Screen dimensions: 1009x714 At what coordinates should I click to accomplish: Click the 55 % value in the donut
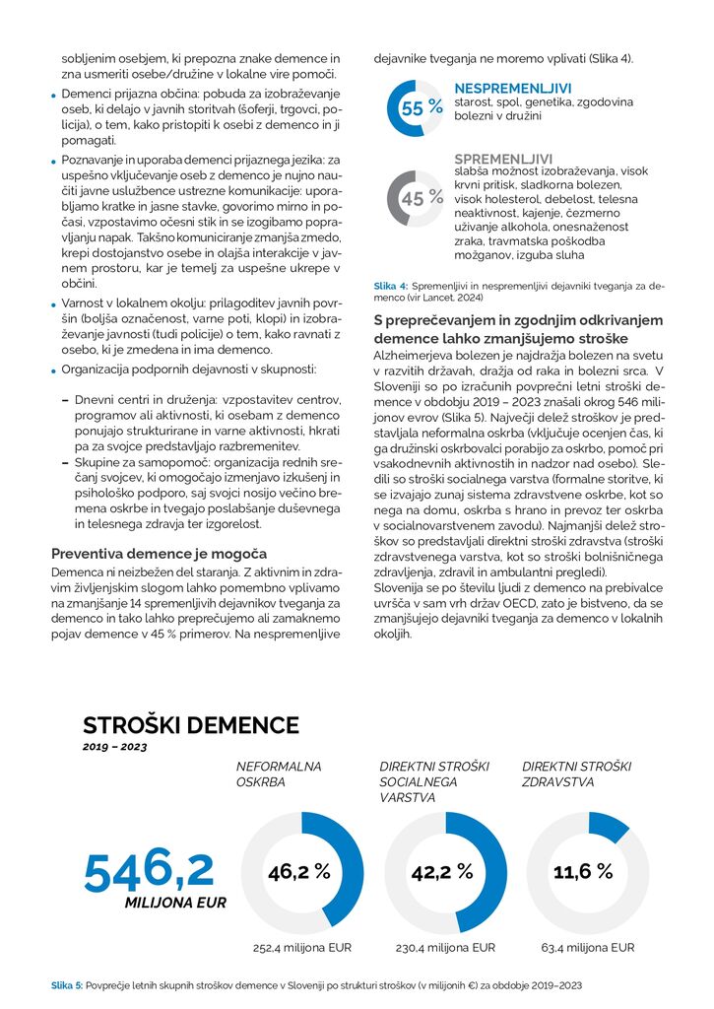coord(421,108)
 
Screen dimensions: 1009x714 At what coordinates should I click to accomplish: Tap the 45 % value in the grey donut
coord(421,198)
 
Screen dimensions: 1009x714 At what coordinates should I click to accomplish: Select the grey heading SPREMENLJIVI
coord(503,159)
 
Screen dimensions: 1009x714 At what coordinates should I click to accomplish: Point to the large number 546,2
coord(149,870)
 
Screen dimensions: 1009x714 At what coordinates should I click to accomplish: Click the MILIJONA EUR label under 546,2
coord(175,902)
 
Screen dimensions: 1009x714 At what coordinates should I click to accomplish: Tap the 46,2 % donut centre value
coord(298,872)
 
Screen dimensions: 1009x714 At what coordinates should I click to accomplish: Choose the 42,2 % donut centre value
coord(442,872)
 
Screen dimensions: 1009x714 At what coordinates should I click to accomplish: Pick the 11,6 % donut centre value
coord(583,872)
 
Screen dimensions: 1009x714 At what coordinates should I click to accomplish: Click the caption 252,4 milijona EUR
coord(302,948)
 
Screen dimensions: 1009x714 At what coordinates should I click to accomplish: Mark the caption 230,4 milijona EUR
coord(445,948)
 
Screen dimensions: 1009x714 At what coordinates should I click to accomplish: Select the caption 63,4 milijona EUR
coord(588,948)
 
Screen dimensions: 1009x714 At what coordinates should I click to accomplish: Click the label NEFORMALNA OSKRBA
coord(279,774)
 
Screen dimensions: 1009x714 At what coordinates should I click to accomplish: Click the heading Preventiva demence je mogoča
coord(159,554)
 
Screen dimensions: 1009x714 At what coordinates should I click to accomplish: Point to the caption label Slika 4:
coord(391,285)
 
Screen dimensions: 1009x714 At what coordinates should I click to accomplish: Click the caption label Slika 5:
coord(67,984)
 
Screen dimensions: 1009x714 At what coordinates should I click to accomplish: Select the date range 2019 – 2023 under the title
coord(114,748)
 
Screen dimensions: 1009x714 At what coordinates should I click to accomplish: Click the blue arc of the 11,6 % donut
coord(611,826)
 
